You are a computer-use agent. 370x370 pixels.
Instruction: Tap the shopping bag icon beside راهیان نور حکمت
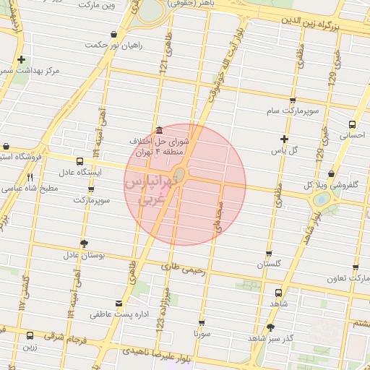click(x=113, y=34)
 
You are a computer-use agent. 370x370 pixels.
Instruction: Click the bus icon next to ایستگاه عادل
click(x=78, y=161)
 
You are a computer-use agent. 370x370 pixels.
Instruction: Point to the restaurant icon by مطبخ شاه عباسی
click(x=30, y=177)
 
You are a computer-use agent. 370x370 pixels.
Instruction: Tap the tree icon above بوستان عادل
click(x=84, y=244)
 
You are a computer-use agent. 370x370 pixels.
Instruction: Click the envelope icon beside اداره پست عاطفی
click(x=119, y=304)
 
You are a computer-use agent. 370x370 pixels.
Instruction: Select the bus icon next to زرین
click(x=30, y=335)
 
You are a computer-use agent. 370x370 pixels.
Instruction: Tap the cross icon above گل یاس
click(x=284, y=139)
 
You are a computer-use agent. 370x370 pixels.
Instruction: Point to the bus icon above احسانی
click(x=352, y=124)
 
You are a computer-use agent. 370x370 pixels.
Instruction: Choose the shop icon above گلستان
click(x=269, y=254)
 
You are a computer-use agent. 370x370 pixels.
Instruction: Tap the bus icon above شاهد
click(x=279, y=293)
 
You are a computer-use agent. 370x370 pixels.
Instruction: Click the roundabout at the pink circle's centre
click(x=181, y=175)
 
